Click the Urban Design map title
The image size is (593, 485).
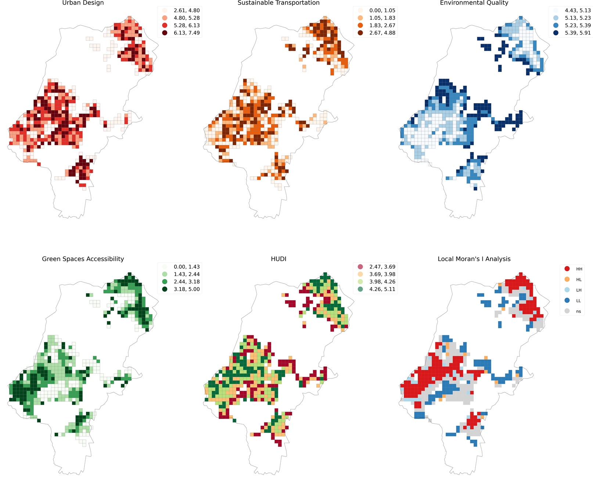pyautogui.click(x=83, y=3)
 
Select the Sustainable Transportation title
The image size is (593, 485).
pyautogui.click(x=278, y=3)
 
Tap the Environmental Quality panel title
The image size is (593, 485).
pyautogui.click(x=474, y=3)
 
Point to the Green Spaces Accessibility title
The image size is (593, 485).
pyautogui.click(x=83, y=259)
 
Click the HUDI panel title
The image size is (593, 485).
pyautogui.click(x=278, y=259)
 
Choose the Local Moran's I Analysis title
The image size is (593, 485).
pyautogui.click(x=474, y=259)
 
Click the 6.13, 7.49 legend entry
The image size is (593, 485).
pyautogui.click(x=187, y=33)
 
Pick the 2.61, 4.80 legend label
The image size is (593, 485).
pyautogui.click(x=187, y=10)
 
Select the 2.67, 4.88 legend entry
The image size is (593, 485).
pyautogui.click(x=382, y=33)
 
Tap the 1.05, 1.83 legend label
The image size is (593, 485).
pyautogui.click(x=382, y=18)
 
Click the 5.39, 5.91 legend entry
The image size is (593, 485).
pyautogui.click(x=578, y=33)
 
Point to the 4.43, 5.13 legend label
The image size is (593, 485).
pyautogui.click(x=578, y=10)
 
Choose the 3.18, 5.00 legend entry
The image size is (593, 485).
pyautogui.click(x=187, y=289)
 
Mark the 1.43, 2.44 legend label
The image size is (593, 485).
pyautogui.click(x=187, y=274)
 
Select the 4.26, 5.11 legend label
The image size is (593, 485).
pyautogui.click(x=382, y=289)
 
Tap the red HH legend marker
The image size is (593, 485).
pyautogui.click(x=567, y=269)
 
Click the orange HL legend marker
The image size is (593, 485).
pyautogui.click(x=567, y=279)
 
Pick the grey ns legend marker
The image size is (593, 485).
pyautogui.click(x=567, y=311)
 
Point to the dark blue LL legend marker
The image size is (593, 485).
pyautogui.click(x=567, y=300)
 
